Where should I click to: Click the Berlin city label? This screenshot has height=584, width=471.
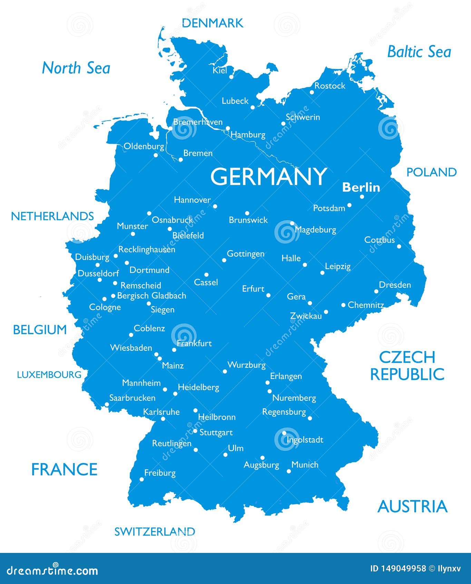[361, 187]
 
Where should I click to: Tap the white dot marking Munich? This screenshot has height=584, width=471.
[289, 471]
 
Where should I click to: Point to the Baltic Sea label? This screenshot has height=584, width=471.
[419, 52]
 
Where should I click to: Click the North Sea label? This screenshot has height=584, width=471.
[76, 68]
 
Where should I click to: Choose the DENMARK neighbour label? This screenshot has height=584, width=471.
[212, 23]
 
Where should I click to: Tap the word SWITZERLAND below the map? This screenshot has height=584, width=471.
[155, 531]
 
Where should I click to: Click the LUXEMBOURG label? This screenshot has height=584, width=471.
[49, 375]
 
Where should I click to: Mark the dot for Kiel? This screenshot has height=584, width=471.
[231, 77]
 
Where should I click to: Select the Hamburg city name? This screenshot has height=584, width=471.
[248, 135]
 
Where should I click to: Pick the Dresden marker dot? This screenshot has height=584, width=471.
[376, 291]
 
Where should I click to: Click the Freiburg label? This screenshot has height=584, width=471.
[160, 473]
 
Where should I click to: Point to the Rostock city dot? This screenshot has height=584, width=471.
[312, 92]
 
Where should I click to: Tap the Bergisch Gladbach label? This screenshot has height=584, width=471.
[151, 296]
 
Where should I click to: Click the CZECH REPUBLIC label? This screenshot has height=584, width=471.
[407, 366]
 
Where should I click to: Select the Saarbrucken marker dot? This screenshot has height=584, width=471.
[107, 404]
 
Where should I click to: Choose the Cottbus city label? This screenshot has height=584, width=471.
[379, 240]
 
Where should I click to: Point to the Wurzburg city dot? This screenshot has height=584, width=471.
[225, 371]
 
